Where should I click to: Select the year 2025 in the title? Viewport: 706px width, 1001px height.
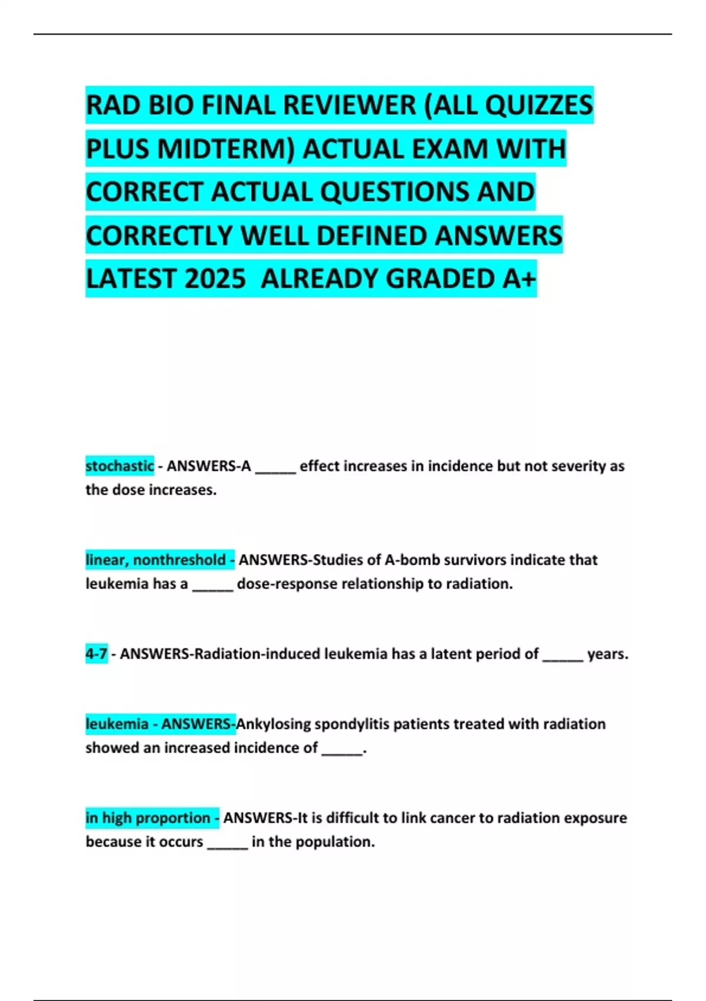pos(214,279)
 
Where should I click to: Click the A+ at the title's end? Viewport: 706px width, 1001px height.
pos(519,279)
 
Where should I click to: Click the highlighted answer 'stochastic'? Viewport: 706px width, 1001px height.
pos(119,466)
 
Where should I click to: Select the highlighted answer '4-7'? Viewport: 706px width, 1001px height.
pos(96,654)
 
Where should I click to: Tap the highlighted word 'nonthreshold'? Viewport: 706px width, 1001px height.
pos(179,559)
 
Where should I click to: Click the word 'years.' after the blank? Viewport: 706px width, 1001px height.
pos(608,654)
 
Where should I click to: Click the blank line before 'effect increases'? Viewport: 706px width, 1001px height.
pos(275,469)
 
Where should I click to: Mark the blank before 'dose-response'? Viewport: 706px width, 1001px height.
pos(212,586)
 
